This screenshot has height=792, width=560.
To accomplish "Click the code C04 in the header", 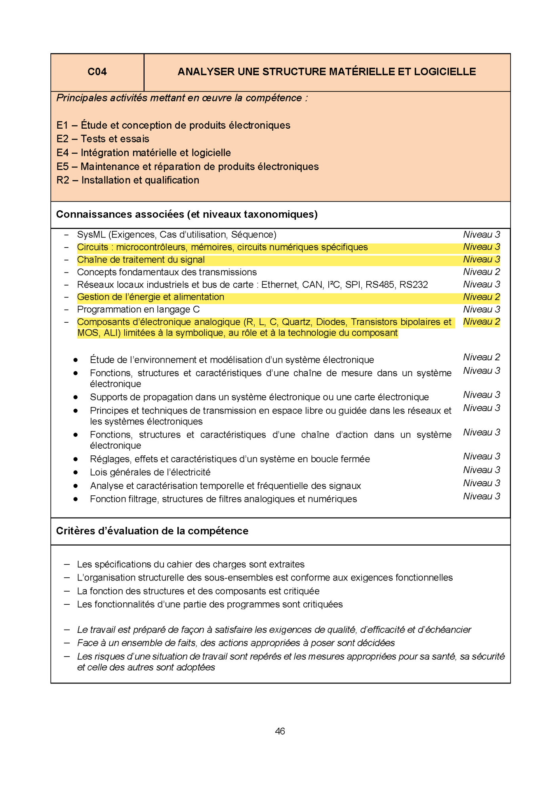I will pyautogui.click(x=97, y=72).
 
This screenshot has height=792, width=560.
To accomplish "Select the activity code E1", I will pyautogui.click(x=62, y=126).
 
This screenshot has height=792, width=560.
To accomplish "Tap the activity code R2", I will pyautogui.click(x=63, y=180).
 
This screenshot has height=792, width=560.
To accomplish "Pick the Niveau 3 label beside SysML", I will pyautogui.click(x=481, y=235).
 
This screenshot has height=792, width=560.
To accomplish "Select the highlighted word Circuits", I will pyautogui.click(x=92, y=247).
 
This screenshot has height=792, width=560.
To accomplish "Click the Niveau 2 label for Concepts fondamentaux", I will pyautogui.click(x=481, y=272).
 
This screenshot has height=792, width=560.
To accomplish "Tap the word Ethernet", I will pyautogui.click(x=279, y=285).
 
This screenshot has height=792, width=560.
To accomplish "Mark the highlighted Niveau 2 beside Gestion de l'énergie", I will pyautogui.click(x=481, y=297).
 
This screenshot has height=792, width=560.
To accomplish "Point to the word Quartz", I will pyautogui.click(x=296, y=322).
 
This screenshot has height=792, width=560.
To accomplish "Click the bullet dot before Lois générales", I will pyautogui.click(x=75, y=472).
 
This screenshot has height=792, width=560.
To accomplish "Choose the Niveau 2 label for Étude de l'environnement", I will pyautogui.click(x=481, y=357).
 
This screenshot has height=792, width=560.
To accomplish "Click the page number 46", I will pyautogui.click(x=280, y=731).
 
